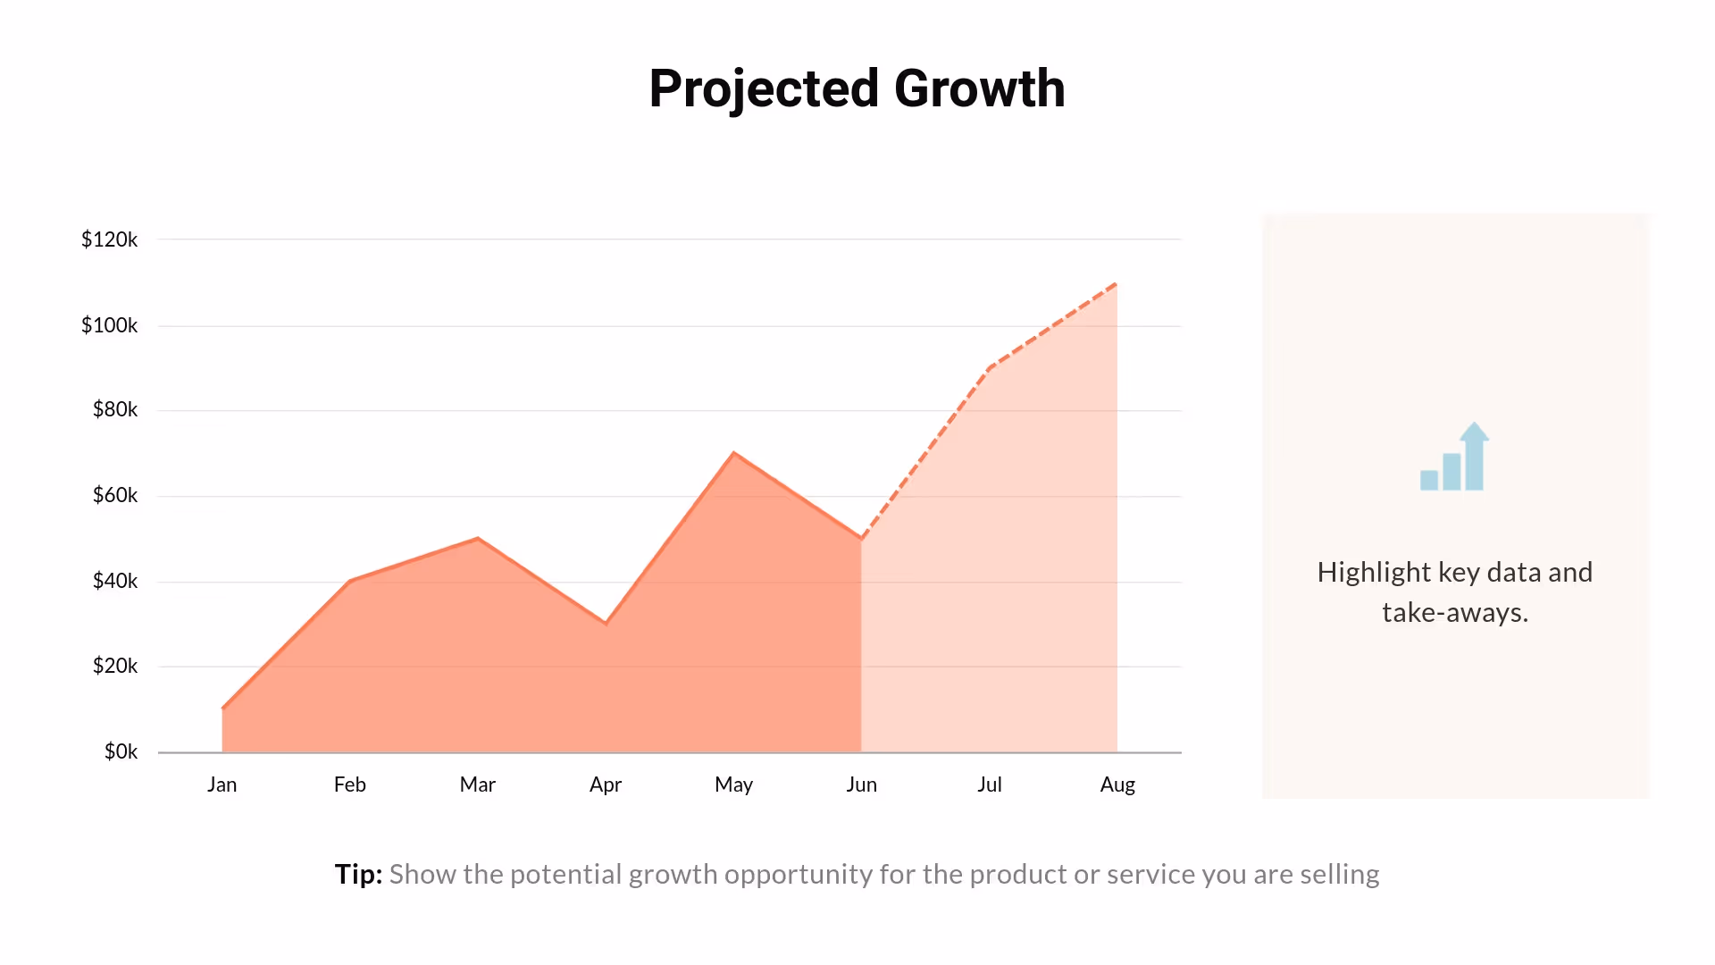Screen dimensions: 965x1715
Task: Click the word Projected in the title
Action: coord(764,89)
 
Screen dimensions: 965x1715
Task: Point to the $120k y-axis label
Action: coord(109,239)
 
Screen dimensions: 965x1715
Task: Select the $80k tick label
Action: coord(114,409)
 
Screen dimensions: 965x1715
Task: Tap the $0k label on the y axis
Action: coord(121,751)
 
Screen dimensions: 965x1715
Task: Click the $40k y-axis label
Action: coord(114,581)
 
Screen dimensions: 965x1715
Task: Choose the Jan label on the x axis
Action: coord(222,785)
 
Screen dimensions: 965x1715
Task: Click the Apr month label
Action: coord(605,785)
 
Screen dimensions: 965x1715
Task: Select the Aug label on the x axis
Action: coord(1117,785)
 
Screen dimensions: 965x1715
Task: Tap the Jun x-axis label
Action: coord(861,785)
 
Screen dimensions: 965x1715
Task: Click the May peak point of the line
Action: coord(733,453)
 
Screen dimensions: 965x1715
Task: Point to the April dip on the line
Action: coord(606,623)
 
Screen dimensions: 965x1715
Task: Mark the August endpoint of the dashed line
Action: coord(1116,284)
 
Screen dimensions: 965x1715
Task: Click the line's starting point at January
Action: coord(222,709)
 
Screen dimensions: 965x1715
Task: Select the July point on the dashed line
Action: coord(989,367)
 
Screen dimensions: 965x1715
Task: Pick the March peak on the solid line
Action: coord(478,538)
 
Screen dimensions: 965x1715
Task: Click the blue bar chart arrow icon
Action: coord(1454,457)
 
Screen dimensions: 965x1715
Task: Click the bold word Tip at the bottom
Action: coord(357,874)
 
